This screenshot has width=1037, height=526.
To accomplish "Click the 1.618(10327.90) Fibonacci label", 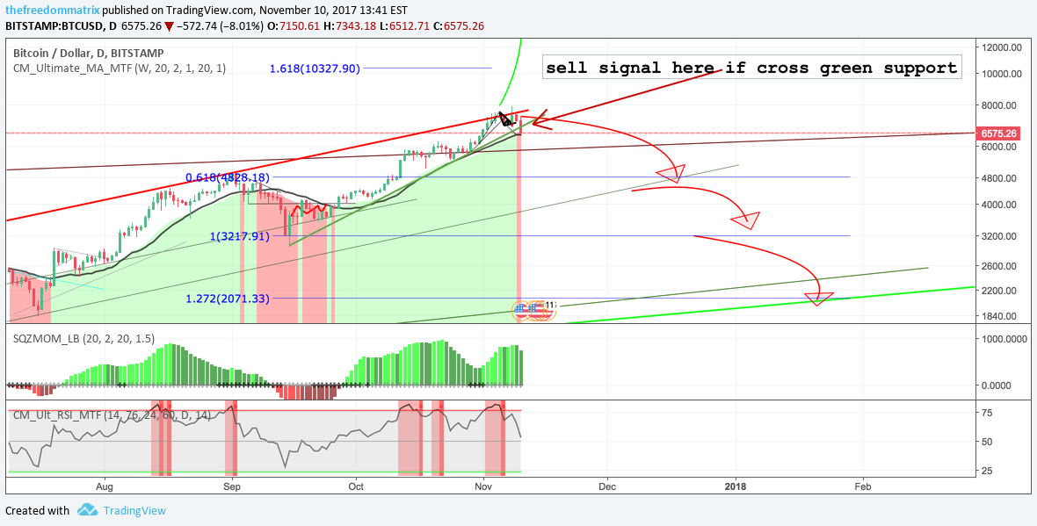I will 315,68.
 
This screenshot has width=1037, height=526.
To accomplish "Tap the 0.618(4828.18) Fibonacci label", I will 220,177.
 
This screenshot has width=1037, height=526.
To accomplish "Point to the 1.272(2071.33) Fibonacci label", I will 228,299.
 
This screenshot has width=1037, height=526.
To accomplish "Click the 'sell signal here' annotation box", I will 751,68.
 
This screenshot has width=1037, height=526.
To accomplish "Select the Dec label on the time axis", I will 606,485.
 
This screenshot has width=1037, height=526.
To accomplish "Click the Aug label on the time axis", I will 105,485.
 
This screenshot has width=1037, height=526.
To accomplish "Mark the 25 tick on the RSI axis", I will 988,471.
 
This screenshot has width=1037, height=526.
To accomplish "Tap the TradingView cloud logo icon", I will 87,510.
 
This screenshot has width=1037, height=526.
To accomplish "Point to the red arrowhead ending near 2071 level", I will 818,299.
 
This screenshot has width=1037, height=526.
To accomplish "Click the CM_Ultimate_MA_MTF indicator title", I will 120,68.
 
